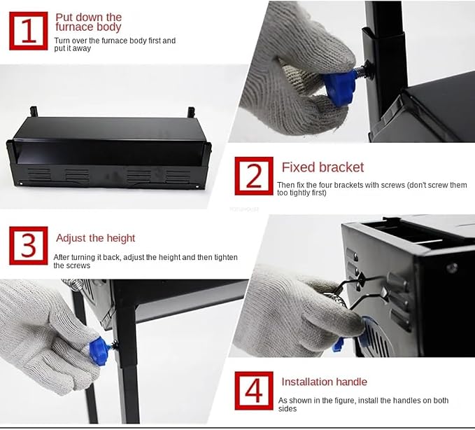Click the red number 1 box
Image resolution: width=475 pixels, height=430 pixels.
pos(29,31)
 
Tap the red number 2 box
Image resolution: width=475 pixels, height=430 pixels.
pos(254,176)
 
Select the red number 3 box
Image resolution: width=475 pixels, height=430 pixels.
pos(29,246)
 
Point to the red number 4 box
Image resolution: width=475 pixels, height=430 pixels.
pos(254,391)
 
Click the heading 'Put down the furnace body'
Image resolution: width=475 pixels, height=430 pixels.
pos(88,22)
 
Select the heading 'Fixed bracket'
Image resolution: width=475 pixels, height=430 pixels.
pos(322,167)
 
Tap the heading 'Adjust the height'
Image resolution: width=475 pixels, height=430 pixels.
pos(95,238)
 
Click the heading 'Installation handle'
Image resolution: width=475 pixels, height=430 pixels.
pos(324,382)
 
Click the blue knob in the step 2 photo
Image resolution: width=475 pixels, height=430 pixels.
pos(338,86)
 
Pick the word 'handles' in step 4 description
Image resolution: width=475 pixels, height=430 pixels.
pos(394,401)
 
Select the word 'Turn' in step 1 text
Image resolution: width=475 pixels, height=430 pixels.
pos(62,41)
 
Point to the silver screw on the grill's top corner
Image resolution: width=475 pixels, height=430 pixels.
pos(451,268)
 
